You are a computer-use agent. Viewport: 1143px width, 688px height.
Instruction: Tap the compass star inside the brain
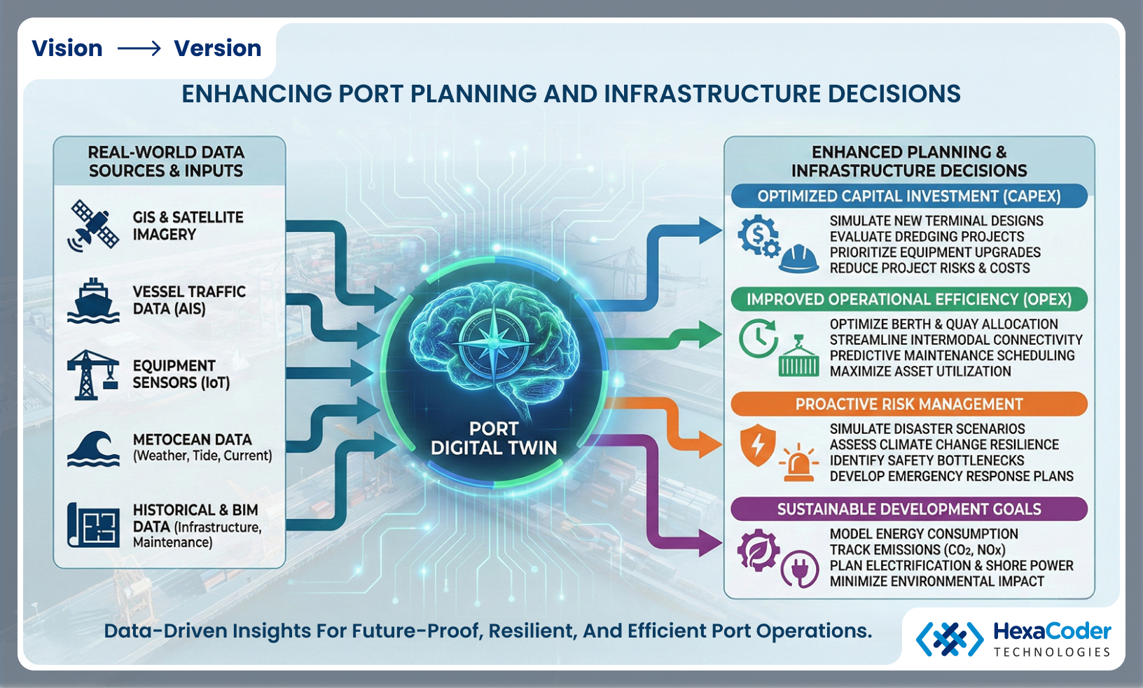494,343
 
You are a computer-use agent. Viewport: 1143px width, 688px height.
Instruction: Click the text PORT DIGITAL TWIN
494,439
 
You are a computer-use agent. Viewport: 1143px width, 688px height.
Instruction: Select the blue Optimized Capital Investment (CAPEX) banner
908,196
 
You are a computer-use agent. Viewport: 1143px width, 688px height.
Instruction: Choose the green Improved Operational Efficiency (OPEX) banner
908,299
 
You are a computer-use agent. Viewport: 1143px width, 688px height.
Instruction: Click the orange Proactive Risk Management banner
908,404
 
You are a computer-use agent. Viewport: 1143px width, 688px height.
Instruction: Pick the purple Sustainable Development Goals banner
908,509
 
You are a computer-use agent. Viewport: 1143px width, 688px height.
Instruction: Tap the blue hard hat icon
798,259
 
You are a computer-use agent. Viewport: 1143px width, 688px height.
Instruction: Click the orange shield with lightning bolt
757,445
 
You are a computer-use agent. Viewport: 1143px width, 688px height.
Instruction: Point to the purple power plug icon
799,570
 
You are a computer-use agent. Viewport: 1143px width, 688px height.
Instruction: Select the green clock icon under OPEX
758,339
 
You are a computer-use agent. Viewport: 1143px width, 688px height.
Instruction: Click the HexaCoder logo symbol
950,639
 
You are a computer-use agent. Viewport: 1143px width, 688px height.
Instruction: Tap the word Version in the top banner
217,48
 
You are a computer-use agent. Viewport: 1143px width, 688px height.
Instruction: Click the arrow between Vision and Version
139,48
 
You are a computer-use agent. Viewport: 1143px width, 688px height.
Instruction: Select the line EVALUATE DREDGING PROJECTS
927,237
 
